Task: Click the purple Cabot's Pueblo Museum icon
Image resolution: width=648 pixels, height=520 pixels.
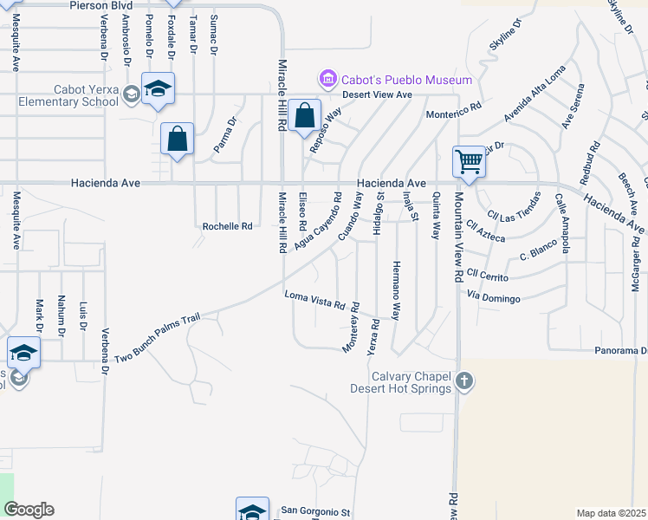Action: click(327, 80)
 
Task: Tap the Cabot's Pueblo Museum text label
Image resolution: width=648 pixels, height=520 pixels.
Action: click(405, 81)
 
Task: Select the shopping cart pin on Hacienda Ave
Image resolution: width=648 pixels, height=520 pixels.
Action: click(469, 161)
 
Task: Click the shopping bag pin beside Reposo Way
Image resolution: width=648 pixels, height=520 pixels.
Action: click(305, 115)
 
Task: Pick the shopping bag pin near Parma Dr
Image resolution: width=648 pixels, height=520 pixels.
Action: click(177, 139)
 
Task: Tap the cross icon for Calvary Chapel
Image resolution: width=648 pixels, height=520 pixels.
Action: click(464, 380)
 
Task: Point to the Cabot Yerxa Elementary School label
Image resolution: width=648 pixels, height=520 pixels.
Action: click(68, 94)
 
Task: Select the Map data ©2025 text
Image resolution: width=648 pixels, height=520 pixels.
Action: click(610, 513)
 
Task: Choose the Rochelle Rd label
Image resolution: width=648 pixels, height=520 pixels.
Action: click(227, 226)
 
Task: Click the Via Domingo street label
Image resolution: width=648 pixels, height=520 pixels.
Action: click(493, 299)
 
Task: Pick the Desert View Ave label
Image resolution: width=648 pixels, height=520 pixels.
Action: click(376, 94)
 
